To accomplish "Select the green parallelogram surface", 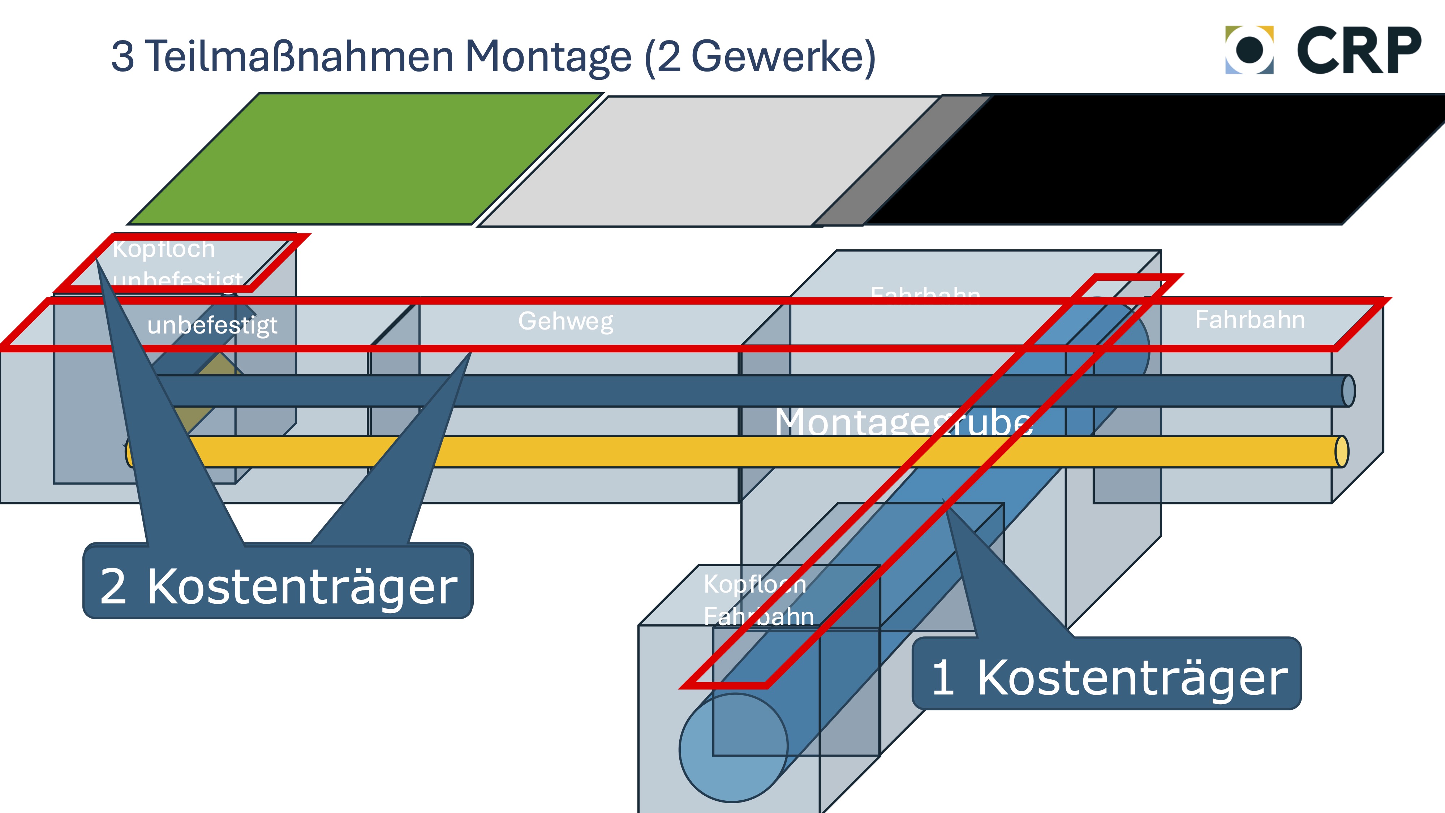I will [365, 159].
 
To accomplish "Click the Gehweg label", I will [565, 321].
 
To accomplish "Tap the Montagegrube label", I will [903, 422].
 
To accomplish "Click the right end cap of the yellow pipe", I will [1341, 452].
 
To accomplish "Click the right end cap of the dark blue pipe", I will [1348, 391].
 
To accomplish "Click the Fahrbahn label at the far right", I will [1250, 320].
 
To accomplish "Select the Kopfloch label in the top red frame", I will [163, 249].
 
